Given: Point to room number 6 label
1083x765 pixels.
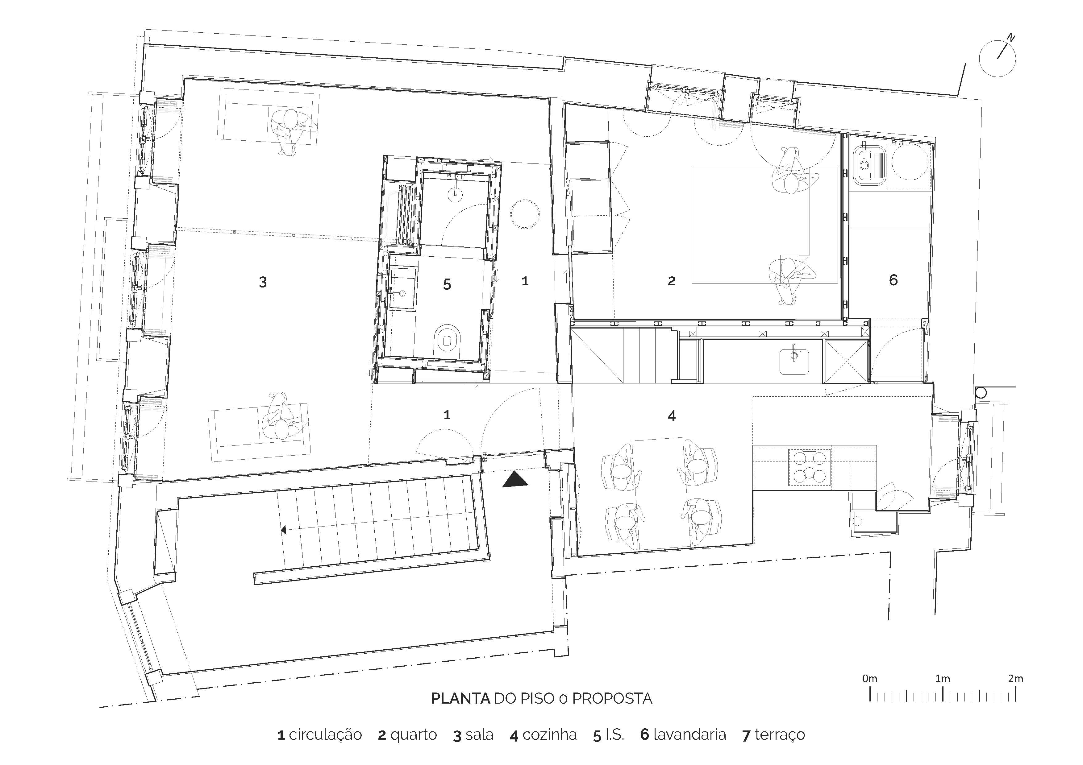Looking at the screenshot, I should (893, 280).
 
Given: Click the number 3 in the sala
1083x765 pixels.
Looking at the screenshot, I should (263, 282).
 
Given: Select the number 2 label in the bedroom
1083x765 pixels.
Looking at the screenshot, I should (671, 281).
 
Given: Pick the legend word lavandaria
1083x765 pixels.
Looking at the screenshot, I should (689, 734).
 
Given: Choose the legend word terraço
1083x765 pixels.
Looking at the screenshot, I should (780, 734).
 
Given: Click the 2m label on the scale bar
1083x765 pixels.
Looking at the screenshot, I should (1015, 679).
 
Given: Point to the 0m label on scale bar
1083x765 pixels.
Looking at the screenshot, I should (869, 679).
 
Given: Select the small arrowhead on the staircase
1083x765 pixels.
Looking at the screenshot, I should (284, 530).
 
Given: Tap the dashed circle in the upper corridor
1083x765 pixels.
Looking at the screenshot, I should (524, 214).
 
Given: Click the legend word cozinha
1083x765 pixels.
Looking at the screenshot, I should (549, 734).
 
